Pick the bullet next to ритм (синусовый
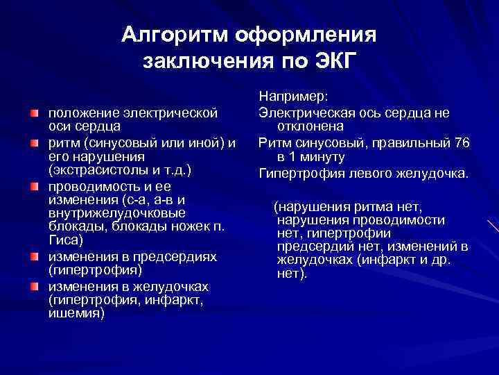coord(33,142)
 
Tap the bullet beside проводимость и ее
coord(33,186)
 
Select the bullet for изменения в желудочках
coord(33,286)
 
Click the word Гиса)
coord(64,241)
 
